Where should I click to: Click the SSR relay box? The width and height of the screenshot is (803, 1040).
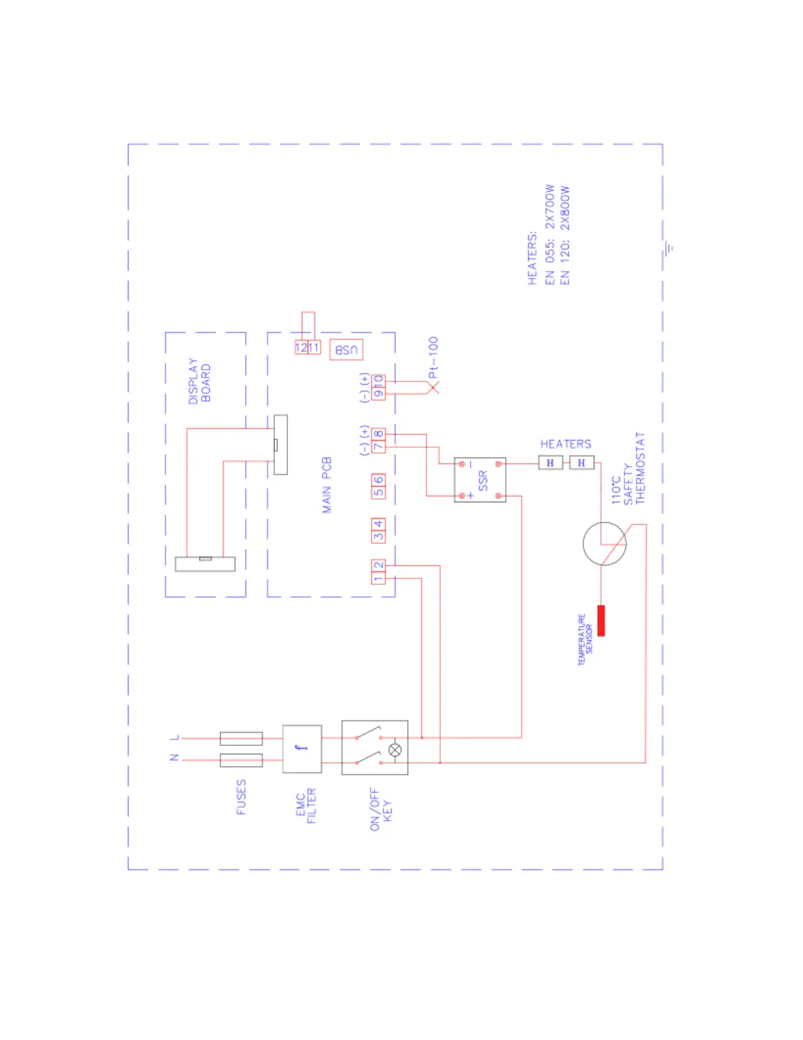(x=480, y=480)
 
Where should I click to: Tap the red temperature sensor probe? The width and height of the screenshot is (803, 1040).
(x=601, y=620)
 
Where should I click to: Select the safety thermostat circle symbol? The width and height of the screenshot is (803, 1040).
(x=604, y=544)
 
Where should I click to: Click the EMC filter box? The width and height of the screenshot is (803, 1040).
(x=302, y=748)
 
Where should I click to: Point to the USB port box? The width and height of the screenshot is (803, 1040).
(x=346, y=349)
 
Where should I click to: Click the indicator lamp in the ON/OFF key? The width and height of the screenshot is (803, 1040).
(x=395, y=750)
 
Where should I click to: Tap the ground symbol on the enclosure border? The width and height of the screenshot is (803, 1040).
(x=669, y=248)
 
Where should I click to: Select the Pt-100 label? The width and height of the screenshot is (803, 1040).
(x=433, y=357)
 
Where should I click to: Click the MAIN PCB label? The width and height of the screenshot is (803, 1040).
(x=327, y=485)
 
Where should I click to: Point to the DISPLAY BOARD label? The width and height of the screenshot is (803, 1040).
(x=199, y=381)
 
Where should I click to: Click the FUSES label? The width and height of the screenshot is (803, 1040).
(x=241, y=797)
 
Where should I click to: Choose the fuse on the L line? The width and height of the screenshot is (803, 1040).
(x=241, y=739)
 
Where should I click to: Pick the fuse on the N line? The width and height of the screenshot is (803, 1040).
(x=241, y=760)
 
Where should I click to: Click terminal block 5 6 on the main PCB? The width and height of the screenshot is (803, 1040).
(x=379, y=487)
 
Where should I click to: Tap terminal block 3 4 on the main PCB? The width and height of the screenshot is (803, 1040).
(x=379, y=530)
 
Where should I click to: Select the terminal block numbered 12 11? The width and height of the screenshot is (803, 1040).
(x=307, y=347)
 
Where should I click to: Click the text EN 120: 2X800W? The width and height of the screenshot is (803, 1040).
(x=565, y=235)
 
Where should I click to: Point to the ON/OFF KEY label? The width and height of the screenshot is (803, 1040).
(x=381, y=810)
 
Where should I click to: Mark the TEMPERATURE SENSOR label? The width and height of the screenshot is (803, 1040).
(x=585, y=640)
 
